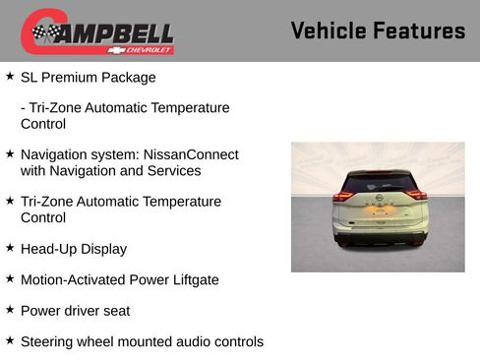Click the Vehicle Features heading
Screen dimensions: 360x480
[x=378, y=30]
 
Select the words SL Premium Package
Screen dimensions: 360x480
[x=88, y=77]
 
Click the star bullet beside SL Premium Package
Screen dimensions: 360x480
[x=10, y=76]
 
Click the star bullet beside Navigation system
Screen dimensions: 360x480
[x=10, y=153]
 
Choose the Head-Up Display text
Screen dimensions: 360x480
[x=74, y=249]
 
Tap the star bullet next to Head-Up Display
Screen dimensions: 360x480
[x=10, y=248]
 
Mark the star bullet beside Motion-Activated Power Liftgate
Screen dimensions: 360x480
[x=10, y=279]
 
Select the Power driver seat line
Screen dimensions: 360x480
[x=75, y=311]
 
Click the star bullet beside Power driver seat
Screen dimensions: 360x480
[x=10, y=310]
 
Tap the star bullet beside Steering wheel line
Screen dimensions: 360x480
[x=10, y=340]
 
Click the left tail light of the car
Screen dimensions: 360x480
[x=343, y=196]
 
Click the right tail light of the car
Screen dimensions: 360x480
[x=417, y=195]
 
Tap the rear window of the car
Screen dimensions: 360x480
[x=379, y=183]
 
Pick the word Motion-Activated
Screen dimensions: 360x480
[x=71, y=280]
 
